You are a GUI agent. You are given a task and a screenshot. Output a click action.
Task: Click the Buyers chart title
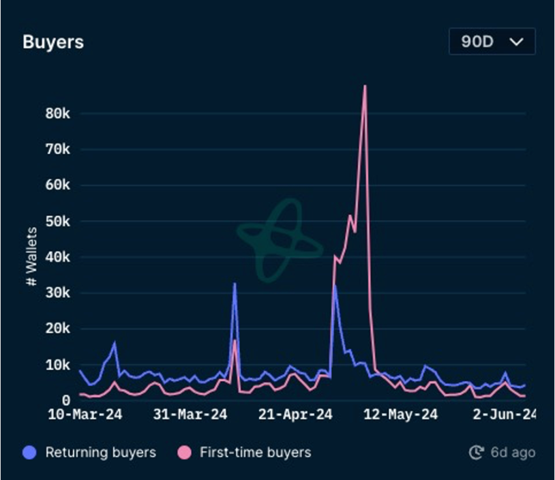click(53, 42)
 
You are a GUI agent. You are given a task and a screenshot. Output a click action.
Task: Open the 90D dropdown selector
click(492, 42)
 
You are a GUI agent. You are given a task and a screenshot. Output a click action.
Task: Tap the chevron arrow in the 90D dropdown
click(517, 42)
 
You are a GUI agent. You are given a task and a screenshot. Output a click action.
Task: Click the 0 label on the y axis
click(66, 400)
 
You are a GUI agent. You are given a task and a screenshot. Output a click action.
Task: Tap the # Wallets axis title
click(31, 257)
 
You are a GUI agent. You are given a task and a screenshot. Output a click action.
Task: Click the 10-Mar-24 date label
click(85, 415)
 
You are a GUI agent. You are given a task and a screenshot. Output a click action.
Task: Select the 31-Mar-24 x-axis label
click(190, 415)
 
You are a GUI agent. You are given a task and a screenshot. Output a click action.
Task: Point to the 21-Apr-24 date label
click(295, 415)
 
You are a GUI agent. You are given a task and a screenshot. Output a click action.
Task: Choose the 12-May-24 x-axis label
click(401, 415)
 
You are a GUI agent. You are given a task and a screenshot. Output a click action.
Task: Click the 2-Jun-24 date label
click(504, 415)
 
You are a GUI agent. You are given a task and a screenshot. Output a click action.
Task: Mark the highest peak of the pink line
click(365, 86)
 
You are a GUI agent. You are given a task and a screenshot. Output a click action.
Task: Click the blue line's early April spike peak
click(235, 284)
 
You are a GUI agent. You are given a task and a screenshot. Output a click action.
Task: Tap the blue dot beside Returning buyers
click(29, 452)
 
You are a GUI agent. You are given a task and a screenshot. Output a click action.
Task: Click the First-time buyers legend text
click(255, 452)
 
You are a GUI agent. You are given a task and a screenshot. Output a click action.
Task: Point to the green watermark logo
click(280, 240)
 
